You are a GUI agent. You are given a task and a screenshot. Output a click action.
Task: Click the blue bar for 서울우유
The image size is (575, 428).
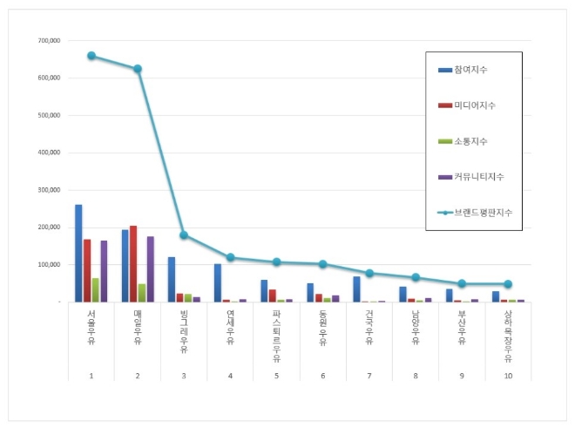[78, 253]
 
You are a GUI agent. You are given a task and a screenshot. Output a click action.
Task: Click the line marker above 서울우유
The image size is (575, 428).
[91, 56]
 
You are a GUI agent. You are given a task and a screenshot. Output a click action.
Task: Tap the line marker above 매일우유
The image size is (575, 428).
[138, 69]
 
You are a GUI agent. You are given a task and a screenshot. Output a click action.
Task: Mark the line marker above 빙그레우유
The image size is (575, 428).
[184, 235]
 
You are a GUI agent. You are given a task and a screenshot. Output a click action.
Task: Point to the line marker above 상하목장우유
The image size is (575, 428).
[508, 284]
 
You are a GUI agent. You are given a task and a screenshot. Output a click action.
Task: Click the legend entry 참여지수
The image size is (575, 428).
[470, 69]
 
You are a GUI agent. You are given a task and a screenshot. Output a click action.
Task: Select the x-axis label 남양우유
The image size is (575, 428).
[415, 329]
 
